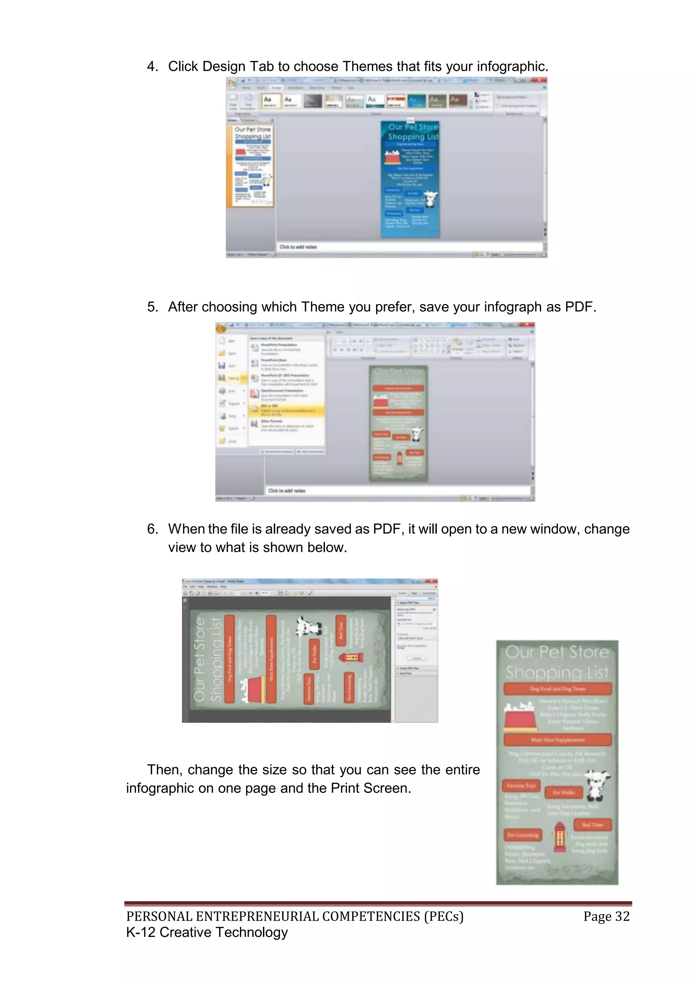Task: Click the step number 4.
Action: pos(152,67)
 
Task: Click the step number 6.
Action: pos(152,529)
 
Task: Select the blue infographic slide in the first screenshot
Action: pos(410,180)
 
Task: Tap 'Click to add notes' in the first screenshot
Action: pos(298,247)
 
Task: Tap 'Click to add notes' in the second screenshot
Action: pos(286,491)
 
